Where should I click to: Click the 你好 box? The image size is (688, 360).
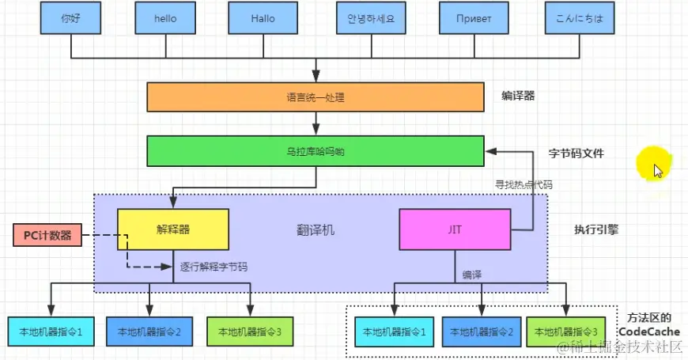coord(71,17)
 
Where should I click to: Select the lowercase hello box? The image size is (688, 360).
coord(166,17)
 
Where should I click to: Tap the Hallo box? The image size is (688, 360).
coord(261,17)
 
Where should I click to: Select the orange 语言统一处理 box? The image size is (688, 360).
coord(315,97)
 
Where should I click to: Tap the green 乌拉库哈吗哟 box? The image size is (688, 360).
coord(315,151)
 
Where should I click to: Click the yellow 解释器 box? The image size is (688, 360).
coord(173,229)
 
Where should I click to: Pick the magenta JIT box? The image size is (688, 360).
coord(455,229)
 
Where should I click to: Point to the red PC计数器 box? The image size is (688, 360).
coord(47,235)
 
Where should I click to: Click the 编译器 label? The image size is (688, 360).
coord(518,96)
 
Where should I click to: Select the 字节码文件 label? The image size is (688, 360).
coord(576,153)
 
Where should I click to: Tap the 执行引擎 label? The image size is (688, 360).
coord(596,230)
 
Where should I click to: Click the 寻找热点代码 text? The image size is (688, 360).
coord(524,184)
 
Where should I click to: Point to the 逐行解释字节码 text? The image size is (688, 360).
coord(214,267)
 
